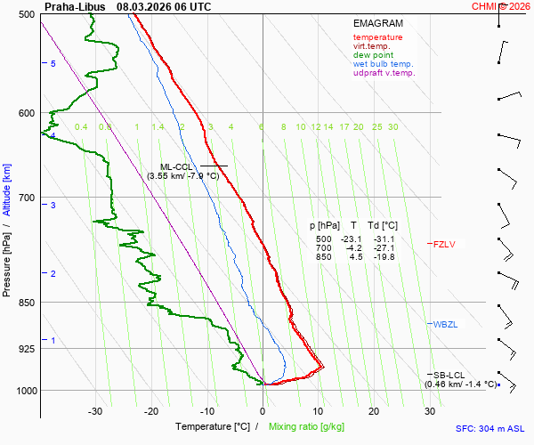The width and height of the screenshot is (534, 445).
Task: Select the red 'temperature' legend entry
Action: (x=377, y=37)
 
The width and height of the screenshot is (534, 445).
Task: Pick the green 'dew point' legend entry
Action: (x=372, y=55)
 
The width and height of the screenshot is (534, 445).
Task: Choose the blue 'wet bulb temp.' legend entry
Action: (x=383, y=64)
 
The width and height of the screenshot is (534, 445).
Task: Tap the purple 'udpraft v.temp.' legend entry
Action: (x=384, y=73)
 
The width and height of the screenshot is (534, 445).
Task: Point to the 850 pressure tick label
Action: (x=26, y=303)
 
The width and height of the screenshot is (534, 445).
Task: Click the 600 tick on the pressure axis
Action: (x=26, y=113)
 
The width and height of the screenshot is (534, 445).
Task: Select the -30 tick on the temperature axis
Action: (x=95, y=411)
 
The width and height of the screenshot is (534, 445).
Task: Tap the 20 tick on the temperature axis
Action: (x=374, y=411)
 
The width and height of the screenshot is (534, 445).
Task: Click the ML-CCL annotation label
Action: (x=176, y=166)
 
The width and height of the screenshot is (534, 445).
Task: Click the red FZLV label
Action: (x=444, y=244)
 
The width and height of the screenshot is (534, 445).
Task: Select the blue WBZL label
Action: (x=445, y=324)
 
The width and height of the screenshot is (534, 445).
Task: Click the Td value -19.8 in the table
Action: (x=384, y=257)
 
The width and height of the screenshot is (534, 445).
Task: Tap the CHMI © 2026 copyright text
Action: (x=501, y=6)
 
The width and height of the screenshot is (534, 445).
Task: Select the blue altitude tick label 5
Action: (x=53, y=64)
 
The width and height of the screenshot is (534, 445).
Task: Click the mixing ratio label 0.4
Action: (x=81, y=127)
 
